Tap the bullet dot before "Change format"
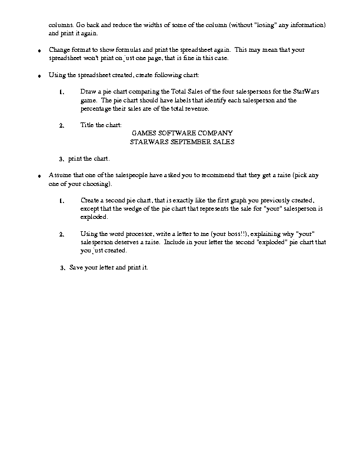(39, 51)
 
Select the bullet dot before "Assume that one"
(39, 177)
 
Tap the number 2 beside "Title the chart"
(62, 125)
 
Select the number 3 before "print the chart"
(62, 159)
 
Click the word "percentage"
(96, 108)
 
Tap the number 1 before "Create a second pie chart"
(62, 201)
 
